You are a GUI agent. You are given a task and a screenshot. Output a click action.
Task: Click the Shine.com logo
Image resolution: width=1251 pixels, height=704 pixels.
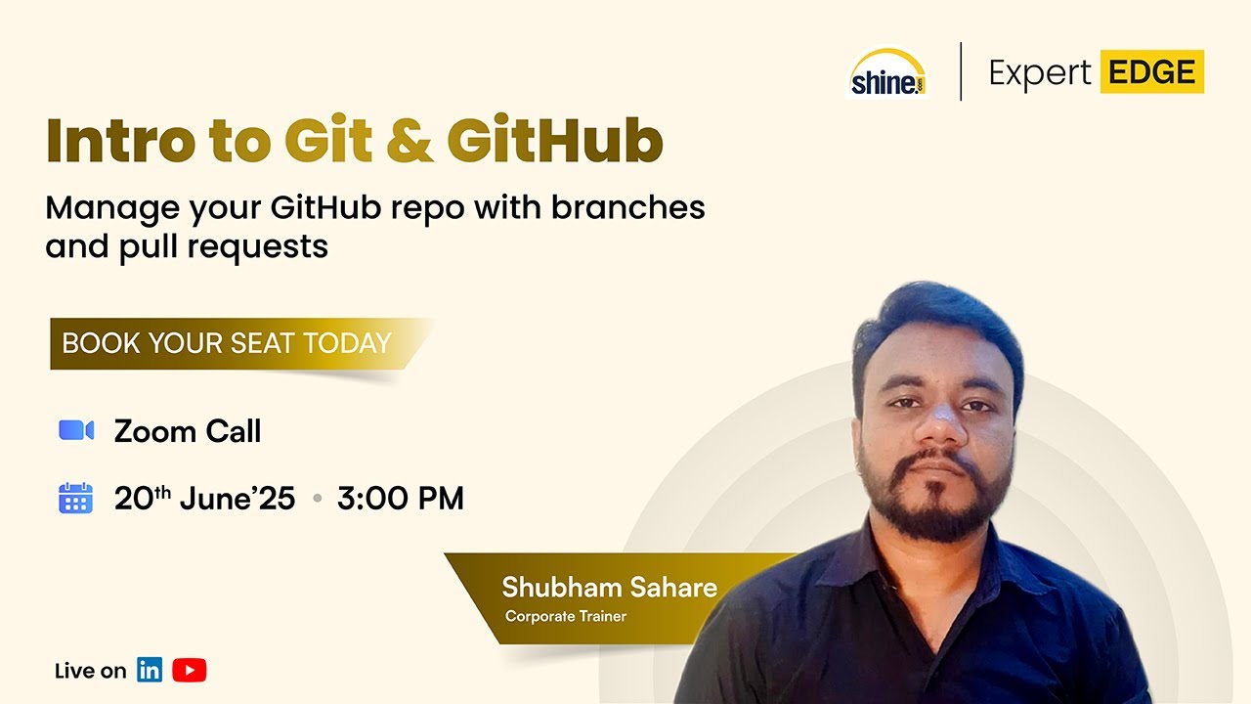[886, 74]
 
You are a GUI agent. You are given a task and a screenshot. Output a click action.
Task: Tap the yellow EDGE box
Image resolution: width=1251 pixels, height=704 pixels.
[1151, 72]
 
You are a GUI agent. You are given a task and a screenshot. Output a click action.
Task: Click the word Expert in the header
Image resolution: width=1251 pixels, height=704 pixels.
[1039, 73]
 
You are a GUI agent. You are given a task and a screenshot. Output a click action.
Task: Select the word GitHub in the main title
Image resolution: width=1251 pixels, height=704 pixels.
[554, 141]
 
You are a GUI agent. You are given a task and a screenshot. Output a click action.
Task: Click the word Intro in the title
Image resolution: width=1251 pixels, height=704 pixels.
[119, 141]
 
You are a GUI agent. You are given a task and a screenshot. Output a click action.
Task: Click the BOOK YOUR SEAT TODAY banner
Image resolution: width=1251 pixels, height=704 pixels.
[227, 343]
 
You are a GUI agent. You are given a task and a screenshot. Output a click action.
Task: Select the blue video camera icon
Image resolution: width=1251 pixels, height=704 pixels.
[76, 430]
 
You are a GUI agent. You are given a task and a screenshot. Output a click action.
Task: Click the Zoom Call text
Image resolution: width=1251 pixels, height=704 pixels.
[188, 431]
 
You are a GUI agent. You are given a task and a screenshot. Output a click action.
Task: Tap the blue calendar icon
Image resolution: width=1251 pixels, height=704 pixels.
[76, 499]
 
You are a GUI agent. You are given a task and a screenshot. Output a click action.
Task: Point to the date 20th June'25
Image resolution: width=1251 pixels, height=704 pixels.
[204, 499]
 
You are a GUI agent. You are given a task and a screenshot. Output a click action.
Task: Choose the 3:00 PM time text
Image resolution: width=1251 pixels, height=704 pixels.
[400, 499]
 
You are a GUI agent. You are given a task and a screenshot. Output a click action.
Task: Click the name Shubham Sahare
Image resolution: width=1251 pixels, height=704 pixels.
[609, 588]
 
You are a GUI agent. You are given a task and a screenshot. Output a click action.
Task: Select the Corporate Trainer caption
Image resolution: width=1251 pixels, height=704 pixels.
[566, 617]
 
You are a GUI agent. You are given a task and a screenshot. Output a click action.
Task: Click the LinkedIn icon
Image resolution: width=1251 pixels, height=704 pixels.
[150, 671]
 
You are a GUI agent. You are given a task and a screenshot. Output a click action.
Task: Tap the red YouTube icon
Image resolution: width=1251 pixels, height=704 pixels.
[189, 671]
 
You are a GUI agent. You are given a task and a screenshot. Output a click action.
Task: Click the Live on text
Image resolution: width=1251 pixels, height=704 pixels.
[90, 671]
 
